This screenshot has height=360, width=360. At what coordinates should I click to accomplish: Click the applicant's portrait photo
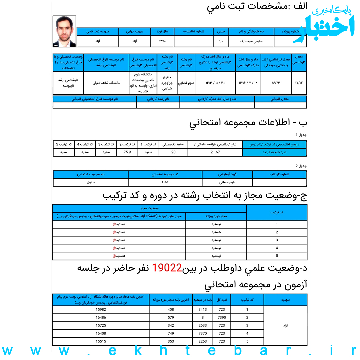[x=64, y=31]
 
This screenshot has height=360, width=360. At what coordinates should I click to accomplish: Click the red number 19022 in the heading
[x=167, y=268]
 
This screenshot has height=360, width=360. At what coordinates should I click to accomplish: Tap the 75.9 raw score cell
[x=127, y=152]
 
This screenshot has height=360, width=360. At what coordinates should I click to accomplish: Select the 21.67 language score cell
[x=215, y=152]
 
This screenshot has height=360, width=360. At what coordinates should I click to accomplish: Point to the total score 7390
[x=222, y=318]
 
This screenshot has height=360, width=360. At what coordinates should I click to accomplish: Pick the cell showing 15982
[x=101, y=310]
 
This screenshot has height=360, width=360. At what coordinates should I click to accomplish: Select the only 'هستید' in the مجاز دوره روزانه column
[x=216, y=232]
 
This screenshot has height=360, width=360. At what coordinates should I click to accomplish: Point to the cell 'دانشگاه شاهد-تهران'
[x=106, y=83]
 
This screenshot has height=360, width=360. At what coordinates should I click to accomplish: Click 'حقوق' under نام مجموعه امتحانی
[x=91, y=182]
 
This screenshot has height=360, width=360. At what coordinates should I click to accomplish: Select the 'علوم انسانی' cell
[x=227, y=182]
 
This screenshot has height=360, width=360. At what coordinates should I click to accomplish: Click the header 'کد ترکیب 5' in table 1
[x=64, y=144]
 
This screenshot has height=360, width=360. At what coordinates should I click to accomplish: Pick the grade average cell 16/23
[x=276, y=83]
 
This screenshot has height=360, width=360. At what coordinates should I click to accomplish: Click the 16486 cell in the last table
[x=101, y=318]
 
